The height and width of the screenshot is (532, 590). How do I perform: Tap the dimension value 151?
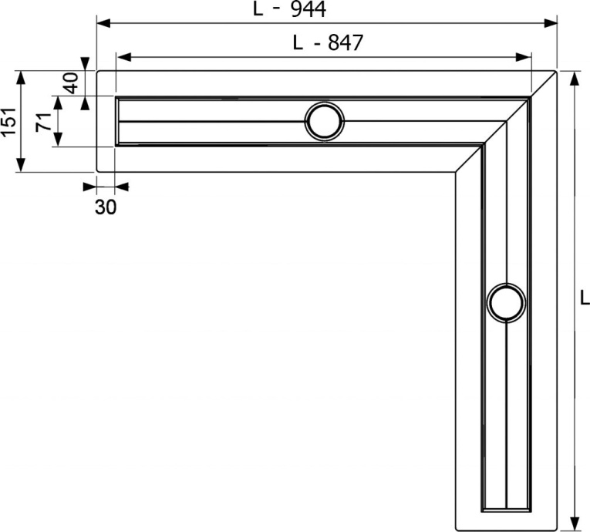click(8, 122)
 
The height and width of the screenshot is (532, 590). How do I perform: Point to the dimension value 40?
click(71, 82)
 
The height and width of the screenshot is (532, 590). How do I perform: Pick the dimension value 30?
click(106, 206)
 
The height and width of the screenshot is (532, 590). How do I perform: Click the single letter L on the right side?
click(584, 296)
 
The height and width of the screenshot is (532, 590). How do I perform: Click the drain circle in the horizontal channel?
click(325, 121)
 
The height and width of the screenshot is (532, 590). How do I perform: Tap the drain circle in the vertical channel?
click(507, 301)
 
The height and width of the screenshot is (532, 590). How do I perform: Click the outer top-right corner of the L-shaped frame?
click(557, 71)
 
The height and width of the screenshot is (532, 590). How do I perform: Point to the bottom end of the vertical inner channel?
click(506, 510)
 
